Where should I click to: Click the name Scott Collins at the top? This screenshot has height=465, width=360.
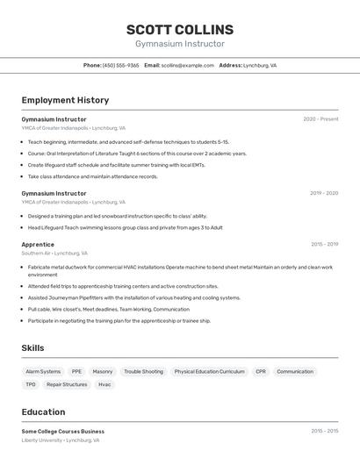point(180,29)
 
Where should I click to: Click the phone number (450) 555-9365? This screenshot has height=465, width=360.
point(120,65)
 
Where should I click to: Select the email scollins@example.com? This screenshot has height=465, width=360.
point(187,65)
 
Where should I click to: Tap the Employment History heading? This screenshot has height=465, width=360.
point(65,100)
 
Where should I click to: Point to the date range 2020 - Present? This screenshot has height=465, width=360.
point(320,119)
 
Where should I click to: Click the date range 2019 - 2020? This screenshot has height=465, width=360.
point(324,193)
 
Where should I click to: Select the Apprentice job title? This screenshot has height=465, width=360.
point(38,245)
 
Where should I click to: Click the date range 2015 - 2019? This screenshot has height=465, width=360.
point(324,245)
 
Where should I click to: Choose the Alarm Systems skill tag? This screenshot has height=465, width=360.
point(43,371)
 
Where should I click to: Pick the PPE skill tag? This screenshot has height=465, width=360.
point(76,371)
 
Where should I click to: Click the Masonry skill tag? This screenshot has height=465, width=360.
point(103,371)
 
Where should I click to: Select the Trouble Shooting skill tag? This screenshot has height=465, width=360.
point(143,371)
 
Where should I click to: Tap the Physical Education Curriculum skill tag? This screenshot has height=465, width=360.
point(209,371)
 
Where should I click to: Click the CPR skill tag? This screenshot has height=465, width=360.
point(261,371)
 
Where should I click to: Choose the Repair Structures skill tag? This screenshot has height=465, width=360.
point(67,384)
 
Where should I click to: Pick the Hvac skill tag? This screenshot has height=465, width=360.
point(104,384)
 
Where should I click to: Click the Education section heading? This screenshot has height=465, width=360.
point(43,411)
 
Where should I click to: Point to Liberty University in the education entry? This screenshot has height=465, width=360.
point(42,440)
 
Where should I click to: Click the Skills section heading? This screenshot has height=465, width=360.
point(32,348)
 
